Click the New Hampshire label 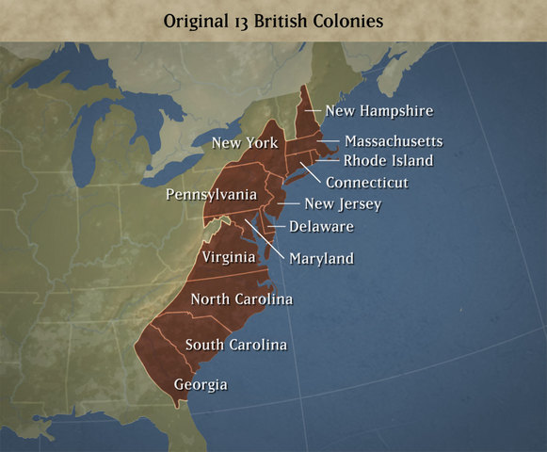click(378, 111)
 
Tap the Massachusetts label click(393, 141)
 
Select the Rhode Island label click(388, 160)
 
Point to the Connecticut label click(379, 182)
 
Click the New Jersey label click(343, 204)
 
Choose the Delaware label click(321, 226)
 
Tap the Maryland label click(321, 258)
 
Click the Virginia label click(229, 256)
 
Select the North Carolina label click(241, 299)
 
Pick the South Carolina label click(235, 345)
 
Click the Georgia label click(201, 384)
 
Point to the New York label click(245, 143)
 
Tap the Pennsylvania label click(211, 194)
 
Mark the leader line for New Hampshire click(312, 111)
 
